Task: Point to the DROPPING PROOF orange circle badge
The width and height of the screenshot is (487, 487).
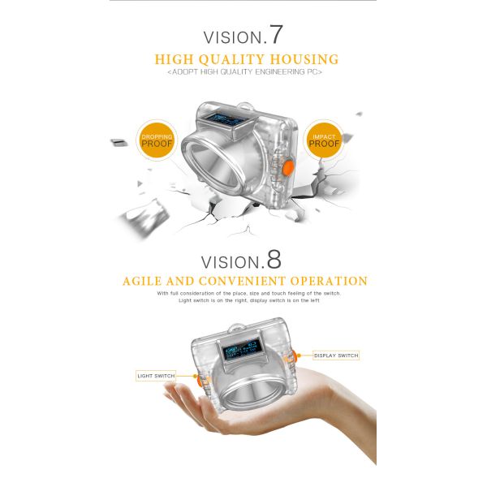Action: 157,141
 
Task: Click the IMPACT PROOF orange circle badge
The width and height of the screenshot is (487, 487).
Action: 325,141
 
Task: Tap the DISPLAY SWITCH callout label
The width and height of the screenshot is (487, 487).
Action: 334,356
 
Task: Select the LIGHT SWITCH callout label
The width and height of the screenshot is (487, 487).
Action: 155,376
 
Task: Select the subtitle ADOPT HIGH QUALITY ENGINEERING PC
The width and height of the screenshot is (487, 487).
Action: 244,73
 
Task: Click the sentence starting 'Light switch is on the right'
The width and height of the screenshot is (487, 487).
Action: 248,300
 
